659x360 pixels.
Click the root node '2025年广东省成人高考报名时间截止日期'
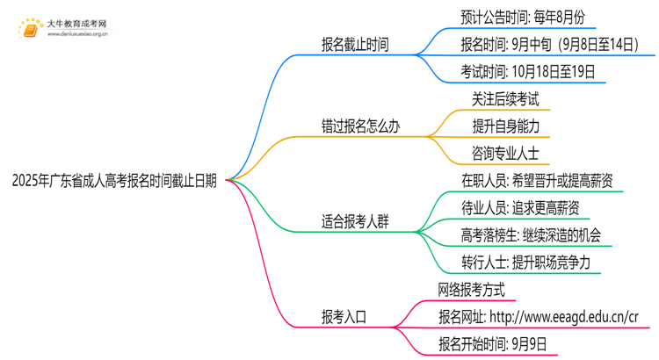(x=115, y=181)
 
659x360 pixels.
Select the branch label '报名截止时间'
(x=355, y=45)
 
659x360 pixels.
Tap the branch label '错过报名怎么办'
(x=360, y=126)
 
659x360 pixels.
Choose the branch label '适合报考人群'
(x=355, y=222)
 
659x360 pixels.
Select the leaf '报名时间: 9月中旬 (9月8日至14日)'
(x=549, y=44)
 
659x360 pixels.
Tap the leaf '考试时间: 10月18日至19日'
(x=527, y=72)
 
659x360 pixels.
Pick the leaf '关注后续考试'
(x=505, y=99)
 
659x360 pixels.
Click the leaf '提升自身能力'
(x=505, y=126)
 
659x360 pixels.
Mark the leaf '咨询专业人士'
(x=505, y=154)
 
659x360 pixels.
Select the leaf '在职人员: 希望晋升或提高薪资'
(x=537, y=181)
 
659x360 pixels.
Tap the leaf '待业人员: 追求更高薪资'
(x=519, y=208)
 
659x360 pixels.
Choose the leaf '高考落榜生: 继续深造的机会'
(x=531, y=235)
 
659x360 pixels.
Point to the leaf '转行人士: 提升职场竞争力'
(x=525, y=263)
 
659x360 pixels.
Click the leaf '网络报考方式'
(x=471, y=290)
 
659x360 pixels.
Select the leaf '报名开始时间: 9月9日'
(x=491, y=344)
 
